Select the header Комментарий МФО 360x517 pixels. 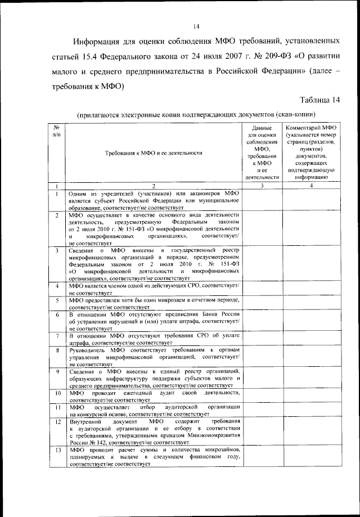[x=310, y=129]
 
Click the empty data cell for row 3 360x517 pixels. [x=262, y=263]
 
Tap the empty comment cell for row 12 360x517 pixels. [x=310, y=432]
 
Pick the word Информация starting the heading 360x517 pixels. [x=102, y=42]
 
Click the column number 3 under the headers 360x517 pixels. [x=262, y=185]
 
